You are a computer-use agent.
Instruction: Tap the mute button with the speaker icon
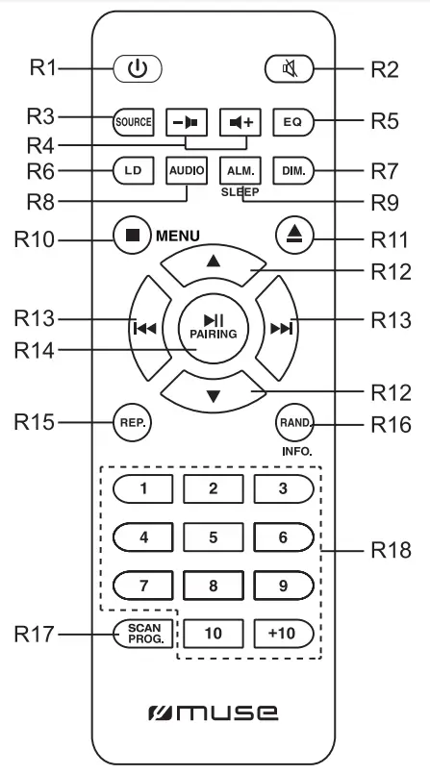pos(286,70)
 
